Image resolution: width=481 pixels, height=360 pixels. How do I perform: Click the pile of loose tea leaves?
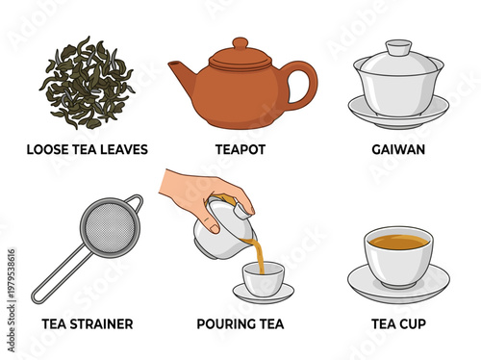(87, 84)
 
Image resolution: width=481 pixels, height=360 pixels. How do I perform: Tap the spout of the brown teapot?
(180, 72)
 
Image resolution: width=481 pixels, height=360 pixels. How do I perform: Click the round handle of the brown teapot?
(301, 84)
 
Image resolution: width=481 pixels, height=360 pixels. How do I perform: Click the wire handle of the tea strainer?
(58, 279)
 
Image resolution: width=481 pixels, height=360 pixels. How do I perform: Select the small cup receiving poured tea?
(264, 280)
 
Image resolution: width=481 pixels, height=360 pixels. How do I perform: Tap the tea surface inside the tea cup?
(398, 242)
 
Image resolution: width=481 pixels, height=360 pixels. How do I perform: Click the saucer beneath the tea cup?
(398, 287)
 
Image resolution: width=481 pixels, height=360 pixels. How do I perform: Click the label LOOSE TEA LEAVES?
(88, 150)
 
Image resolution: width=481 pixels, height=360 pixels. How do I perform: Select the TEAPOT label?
(240, 150)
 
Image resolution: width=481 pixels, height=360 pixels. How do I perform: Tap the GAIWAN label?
(398, 150)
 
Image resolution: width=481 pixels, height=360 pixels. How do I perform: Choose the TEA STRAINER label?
(88, 323)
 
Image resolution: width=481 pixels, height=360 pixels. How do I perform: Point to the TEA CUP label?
(398, 323)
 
